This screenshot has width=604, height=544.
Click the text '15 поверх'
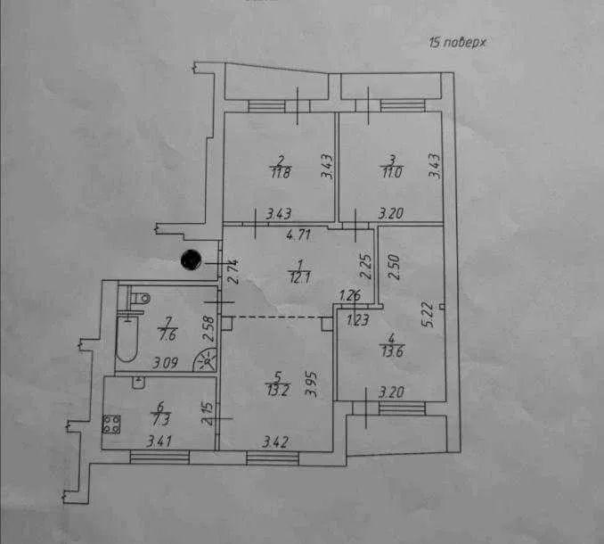(x=460, y=42)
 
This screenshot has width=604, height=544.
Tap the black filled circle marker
(x=191, y=260)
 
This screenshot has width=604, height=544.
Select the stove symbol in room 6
(x=112, y=425)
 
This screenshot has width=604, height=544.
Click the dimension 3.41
(x=159, y=439)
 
